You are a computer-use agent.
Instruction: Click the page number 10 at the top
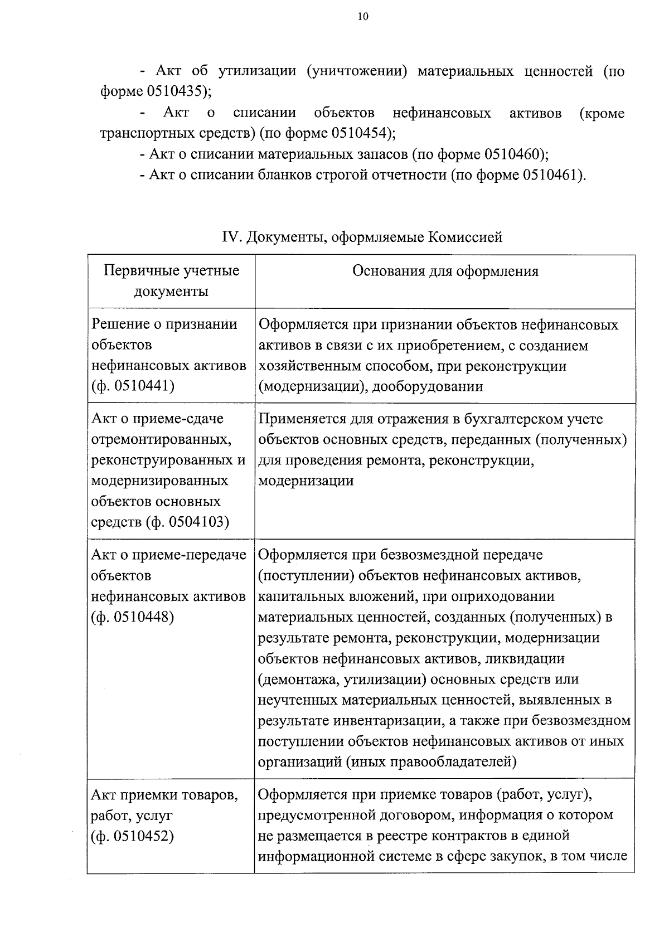(x=362, y=17)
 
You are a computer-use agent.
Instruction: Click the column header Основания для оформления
(x=445, y=271)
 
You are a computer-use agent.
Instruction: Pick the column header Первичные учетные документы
(x=171, y=281)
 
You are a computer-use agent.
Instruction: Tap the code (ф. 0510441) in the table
(x=133, y=386)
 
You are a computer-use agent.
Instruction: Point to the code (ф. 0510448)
(x=133, y=617)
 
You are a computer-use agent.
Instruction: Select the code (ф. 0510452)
(x=133, y=836)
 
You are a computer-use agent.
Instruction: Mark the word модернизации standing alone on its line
(x=306, y=481)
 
